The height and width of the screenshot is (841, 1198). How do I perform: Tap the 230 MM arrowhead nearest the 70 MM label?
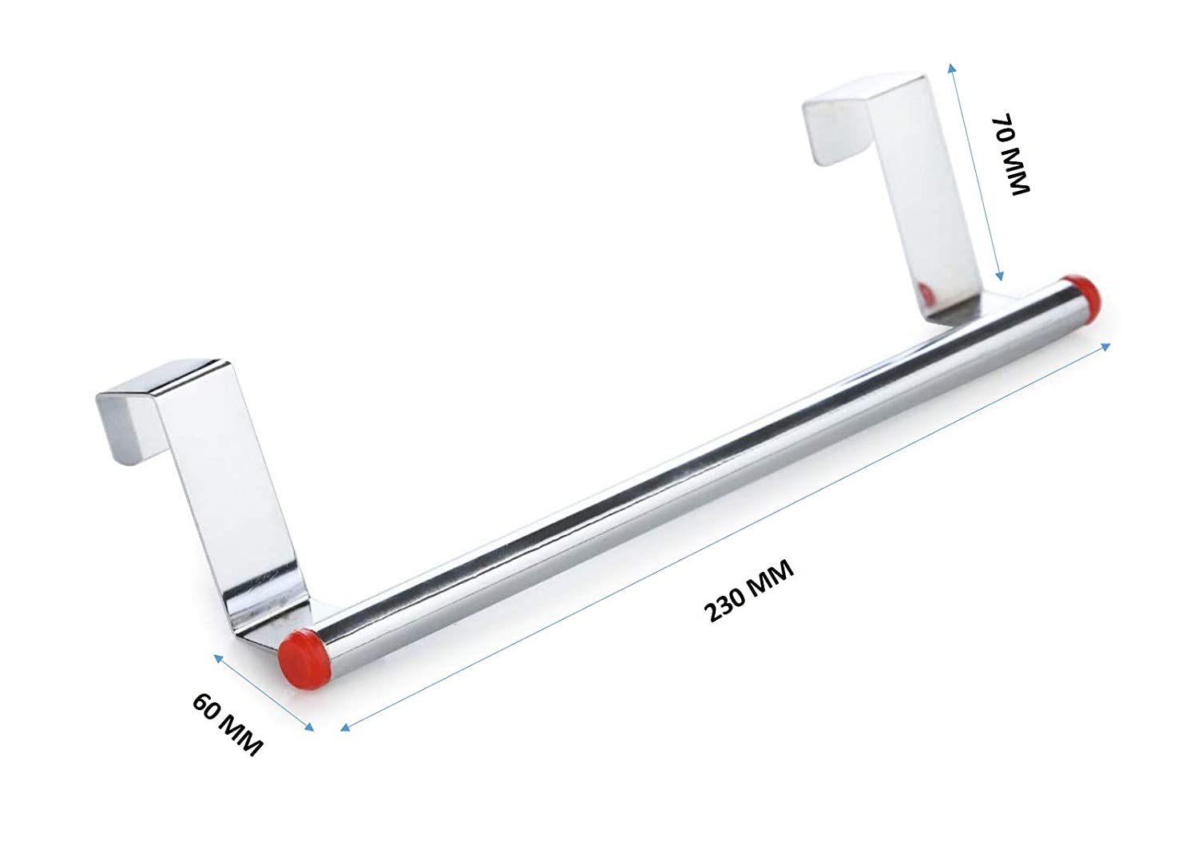[1105, 346]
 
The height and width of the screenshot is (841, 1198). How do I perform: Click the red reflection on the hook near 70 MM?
[924, 292]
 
